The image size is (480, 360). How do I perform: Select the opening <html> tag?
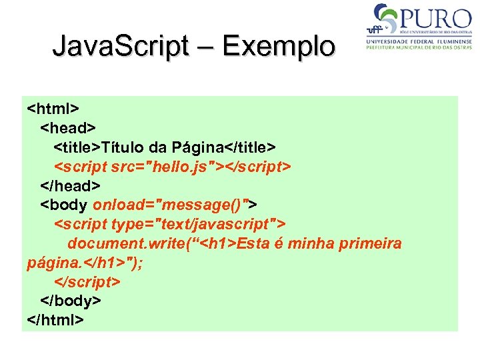(x=54, y=107)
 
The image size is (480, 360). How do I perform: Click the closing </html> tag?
(x=56, y=320)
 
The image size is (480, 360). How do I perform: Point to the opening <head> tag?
(x=69, y=127)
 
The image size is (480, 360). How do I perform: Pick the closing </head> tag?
(x=71, y=185)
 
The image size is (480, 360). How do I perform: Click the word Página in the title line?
(x=196, y=146)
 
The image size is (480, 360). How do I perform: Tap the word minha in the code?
(x=311, y=243)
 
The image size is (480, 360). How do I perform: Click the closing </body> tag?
(x=71, y=301)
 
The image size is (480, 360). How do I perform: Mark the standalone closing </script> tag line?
(x=87, y=281)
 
